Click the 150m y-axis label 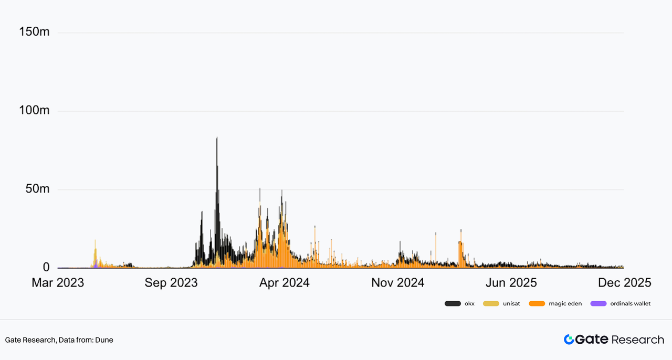click(x=34, y=32)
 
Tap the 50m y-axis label click(x=37, y=189)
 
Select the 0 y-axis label click(x=46, y=267)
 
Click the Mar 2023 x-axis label click(x=58, y=283)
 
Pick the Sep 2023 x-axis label click(x=171, y=283)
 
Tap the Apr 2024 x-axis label click(x=284, y=283)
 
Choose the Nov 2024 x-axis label click(x=397, y=283)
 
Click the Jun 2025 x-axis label click(x=511, y=283)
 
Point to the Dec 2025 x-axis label click(x=624, y=283)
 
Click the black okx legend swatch click(x=453, y=304)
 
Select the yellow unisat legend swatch click(x=491, y=304)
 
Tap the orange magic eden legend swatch click(x=537, y=304)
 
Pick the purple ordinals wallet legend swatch click(x=598, y=304)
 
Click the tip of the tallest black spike click(x=217, y=138)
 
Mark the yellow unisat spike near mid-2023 click(x=95, y=241)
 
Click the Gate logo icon click(x=569, y=340)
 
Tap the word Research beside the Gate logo click(x=638, y=340)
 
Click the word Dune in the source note click(x=105, y=340)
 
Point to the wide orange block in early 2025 click(x=460, y=255)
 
